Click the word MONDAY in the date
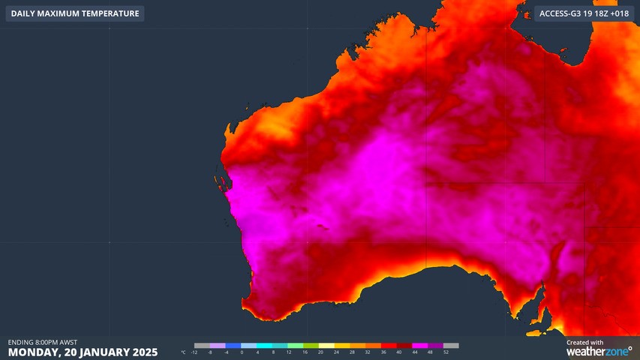[x=35, y=352]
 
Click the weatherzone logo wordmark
[x=598, y=351]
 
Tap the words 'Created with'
[x=584, y=342]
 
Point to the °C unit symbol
[x=183, y=352]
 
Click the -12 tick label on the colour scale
[x=194, y=352]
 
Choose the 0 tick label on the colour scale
[x=242, y=352]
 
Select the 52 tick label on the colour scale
[x=446, y=352]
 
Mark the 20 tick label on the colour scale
[x=320, y=352]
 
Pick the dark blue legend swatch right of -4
[x=233, y=346]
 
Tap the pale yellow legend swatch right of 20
[x=328, y=346]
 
